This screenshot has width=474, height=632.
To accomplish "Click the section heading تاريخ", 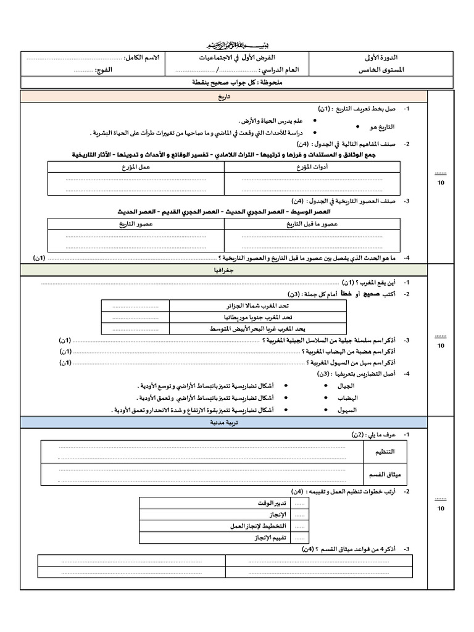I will (x=223, y=97).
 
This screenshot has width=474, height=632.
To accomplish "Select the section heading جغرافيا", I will (x=223, y=270).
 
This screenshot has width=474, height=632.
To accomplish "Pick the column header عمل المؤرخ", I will (x=136, y=166).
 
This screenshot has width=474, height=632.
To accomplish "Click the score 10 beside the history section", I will (x=440, y=183).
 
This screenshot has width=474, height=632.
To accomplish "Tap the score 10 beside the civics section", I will (x=440, y=507).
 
